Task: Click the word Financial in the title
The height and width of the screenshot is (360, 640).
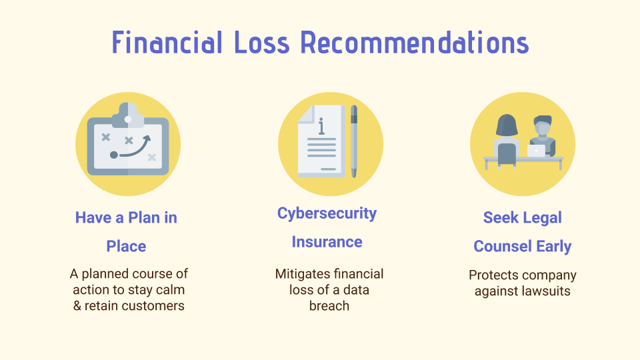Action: click(x=167, y=42)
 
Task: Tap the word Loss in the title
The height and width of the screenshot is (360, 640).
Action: click(x=262, y=42)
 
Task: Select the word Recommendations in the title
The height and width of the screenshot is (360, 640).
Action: click(x=415, y=42)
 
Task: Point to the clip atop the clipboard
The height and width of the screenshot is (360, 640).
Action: click(x=128, y=115)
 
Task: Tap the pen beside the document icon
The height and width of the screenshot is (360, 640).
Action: click(x=354, y=141)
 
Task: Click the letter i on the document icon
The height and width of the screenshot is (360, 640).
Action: click(x=321, y=126)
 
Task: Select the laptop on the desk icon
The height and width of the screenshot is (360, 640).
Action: click(x=536, y=151)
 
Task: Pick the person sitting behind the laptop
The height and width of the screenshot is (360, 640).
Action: click(x=543, y=135)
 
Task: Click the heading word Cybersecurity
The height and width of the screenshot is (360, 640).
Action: click(x=327, y=213)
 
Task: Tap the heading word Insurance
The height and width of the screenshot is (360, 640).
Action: click(x=327, y=242)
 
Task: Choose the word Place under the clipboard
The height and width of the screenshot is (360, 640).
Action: click(x=126, y=246)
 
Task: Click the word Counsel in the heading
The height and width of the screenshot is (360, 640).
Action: click(x=503, y=246)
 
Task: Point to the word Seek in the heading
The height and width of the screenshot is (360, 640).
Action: click(x=500, y=217)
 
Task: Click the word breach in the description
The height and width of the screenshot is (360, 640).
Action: click(x=329, y=306)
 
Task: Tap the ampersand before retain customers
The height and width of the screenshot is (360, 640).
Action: click(x=77, y=306)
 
